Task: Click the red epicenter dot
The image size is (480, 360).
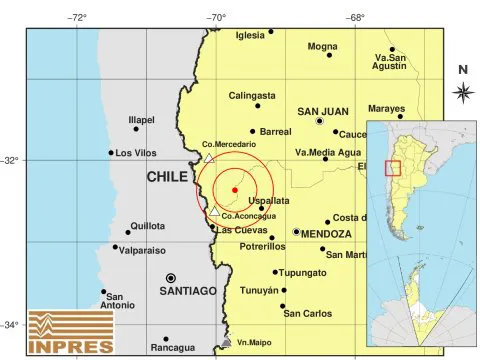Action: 234,188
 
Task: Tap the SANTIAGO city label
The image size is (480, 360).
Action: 187,290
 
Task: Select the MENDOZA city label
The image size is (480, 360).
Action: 326,233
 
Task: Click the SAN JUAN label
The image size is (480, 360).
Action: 322,111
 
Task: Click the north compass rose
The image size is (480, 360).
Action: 462,93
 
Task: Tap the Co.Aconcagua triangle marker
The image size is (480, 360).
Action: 214,210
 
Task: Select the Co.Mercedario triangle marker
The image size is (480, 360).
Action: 208,157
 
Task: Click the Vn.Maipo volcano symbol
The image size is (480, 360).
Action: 226,343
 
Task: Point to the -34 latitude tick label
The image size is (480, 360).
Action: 11,324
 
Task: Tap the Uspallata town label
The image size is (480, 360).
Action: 268,200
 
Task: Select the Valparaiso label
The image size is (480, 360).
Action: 149,252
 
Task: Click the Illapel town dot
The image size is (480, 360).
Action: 137,129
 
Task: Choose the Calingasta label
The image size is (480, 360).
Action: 251,96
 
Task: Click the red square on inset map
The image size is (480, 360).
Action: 393,167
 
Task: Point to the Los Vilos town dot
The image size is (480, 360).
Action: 111,153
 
